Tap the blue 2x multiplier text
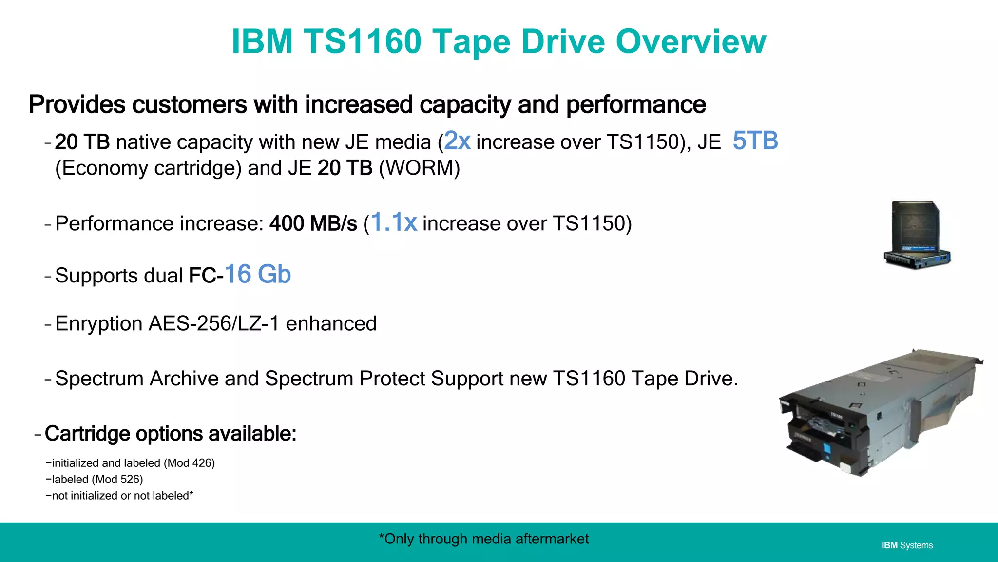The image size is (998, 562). pyautogui.click(x=458, y=141)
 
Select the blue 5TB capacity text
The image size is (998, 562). pyautogui.click(x=755, y=141)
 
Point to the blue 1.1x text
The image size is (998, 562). pyautogui.click(x=394, y=222)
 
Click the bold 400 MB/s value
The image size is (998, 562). pyautogui.click(x=313, y=224)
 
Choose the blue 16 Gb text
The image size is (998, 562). pyautogui.click(x=258, y=274)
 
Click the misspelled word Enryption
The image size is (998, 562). pyautogui.click(x=98, y=324)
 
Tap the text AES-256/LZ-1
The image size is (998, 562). pyautogui.click(x=214, y=323)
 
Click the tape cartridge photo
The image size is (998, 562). pyautogui.click(x=917, y=234)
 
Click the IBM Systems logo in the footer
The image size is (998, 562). pyautogui.click(x=907, y=545)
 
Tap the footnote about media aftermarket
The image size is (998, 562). pyautogui.click(x=483, y=539)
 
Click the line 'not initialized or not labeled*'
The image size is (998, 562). pyautogui.click(x=119, y=496)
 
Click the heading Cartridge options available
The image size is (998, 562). pyautogui.click(x=170, y=434)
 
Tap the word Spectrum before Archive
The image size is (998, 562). pyautogui.click(x=99, y=379)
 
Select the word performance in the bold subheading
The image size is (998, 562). pyautogui.click(x=636, y=104)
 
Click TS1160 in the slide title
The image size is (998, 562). pyautogui.click(x=363, y=41)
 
